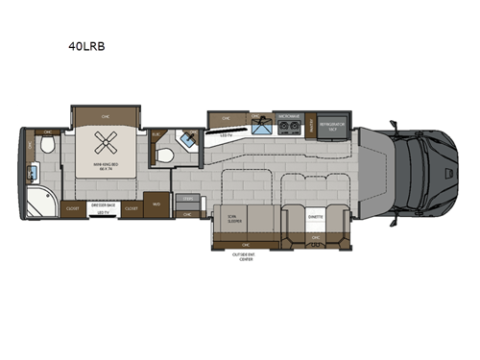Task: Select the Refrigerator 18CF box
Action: [x=333, y=125]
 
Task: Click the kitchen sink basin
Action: [x=258, y=128]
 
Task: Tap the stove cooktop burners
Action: [x=286, y=127]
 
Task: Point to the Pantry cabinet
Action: [x=311, y=125]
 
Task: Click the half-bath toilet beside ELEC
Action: [x=166, y=156]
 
